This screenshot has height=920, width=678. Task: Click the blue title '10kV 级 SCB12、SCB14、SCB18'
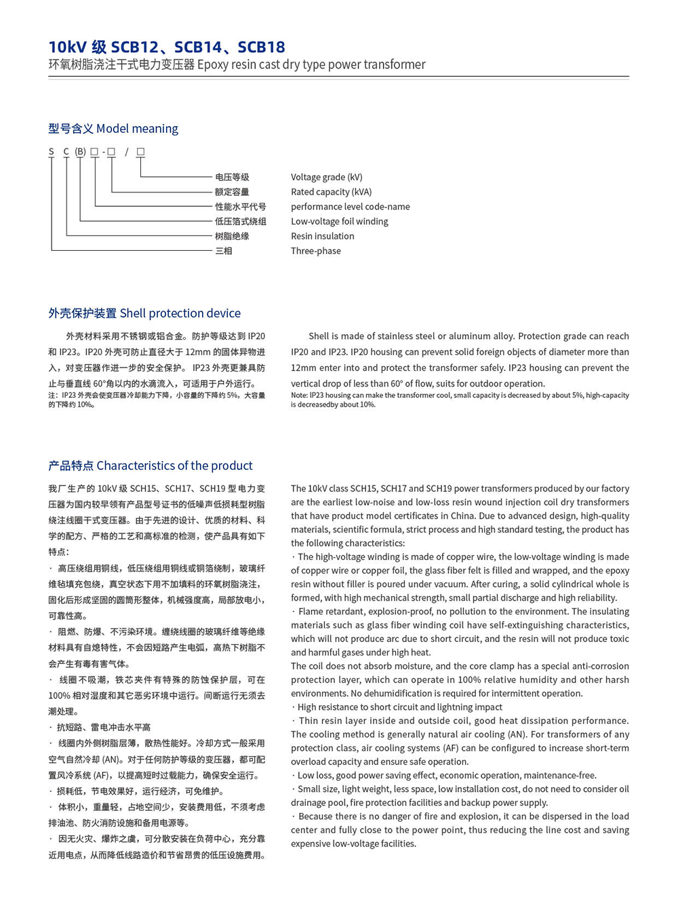coord(167,47)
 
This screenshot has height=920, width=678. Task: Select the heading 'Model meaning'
coord(137,129)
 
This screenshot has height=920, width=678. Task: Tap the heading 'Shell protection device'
coord(180,313)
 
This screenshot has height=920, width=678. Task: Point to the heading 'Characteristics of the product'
coord(174,466)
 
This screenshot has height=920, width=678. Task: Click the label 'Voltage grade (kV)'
coord(326,177)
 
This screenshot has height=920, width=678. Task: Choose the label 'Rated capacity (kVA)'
coord(331,192)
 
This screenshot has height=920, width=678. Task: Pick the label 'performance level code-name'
coord(350,207)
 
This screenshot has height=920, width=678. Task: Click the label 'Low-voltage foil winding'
coord(339,222)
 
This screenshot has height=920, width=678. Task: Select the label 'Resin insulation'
coord(322,236)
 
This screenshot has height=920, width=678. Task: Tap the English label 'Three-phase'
coord(315,251)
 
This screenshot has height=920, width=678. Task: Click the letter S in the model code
coord(52,152)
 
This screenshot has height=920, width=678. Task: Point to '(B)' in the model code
coord(81,152)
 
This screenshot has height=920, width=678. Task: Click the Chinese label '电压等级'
coord(232,177)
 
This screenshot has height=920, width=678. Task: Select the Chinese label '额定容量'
coord(232,192)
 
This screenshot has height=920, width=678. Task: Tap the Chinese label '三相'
coord(224,251)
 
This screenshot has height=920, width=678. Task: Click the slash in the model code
coord(126,152)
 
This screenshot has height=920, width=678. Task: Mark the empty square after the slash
coord(140,152)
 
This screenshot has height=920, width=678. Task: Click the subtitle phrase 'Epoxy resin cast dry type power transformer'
coord(311,65)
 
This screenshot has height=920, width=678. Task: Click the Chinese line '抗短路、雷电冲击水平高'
coord(103,727)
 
